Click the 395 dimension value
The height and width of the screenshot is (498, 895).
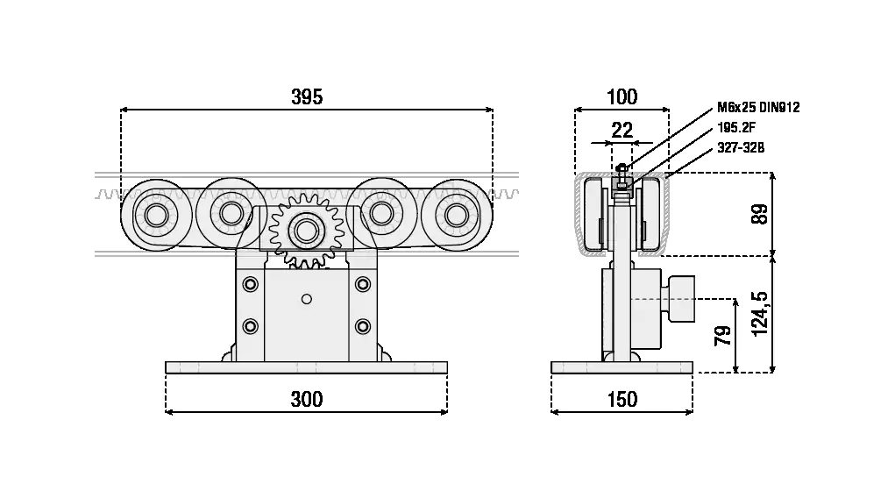(307, 97)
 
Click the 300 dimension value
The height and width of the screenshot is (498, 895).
(307, 400)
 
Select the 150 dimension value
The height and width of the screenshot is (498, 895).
(622, 400)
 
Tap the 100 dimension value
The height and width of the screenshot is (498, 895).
(622, 97)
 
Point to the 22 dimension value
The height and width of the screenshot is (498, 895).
(622, 131)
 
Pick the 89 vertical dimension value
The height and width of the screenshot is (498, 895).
(760, 215)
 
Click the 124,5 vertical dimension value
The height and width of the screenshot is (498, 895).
(760, 313)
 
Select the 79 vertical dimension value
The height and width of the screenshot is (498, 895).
(723, 336)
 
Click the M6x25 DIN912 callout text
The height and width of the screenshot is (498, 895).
(758, 108)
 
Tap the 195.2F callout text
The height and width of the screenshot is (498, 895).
(736, 128)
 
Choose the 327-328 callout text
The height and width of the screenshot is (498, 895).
(741, 148)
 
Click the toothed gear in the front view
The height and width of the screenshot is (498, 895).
(306, 231)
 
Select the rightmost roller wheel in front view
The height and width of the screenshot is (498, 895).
(457, 216)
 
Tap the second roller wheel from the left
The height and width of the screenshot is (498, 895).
(231, 212)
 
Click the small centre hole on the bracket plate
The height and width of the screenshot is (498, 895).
(306, 300)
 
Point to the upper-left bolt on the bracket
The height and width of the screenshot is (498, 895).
(252, 283)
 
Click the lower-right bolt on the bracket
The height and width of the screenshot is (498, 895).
(362, 326)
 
